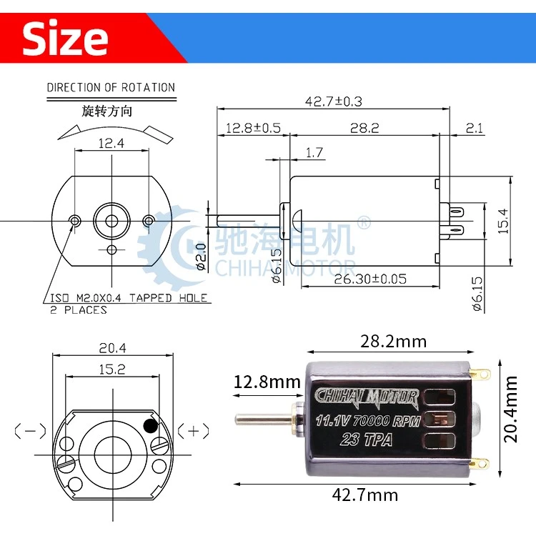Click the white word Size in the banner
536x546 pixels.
(x=65, y=38)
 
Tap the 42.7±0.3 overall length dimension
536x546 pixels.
(x=334, y=101)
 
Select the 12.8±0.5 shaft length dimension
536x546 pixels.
(x=253, y=128)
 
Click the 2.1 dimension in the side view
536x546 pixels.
(x=475, y=128)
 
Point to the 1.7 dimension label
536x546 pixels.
(x=314, y=152)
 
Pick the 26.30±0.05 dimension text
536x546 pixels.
(x=370, y=279)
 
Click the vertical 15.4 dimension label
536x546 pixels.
(x=503, y=221)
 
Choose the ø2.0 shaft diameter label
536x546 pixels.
(x=202, y=257)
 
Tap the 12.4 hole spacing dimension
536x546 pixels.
(x=111, y=143)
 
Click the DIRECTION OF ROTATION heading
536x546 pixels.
(x=111, y=87)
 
